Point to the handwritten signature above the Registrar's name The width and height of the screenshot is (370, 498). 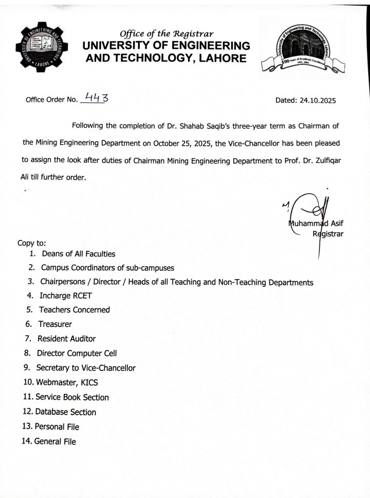(x=309, y=208)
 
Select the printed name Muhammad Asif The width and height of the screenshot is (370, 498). (x=315, y=224)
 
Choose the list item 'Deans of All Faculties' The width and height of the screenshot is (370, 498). (x=79, y=254)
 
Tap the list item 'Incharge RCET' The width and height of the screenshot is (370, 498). (x=66, y=296)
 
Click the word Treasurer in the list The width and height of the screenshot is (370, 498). (x=55, y=324)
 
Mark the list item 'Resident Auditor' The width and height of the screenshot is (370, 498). (x=66, y=339)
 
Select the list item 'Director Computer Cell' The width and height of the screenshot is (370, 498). (x=77, y=354)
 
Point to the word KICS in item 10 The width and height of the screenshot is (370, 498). (x=88, y=383)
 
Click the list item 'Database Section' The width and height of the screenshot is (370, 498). (x=65, y=412)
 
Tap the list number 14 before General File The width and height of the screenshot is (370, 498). (x=27, y=441)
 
